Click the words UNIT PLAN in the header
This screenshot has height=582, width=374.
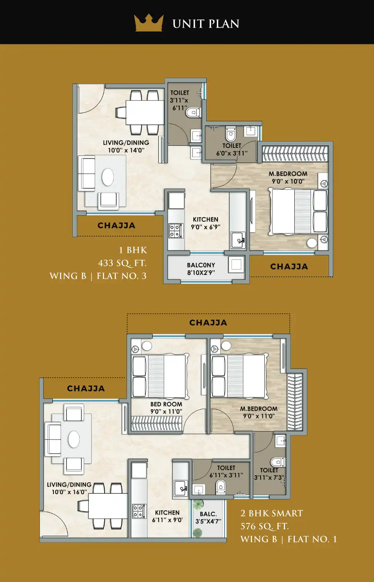click(x=206, y=24)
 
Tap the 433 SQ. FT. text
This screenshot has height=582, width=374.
click(x=122, y=263)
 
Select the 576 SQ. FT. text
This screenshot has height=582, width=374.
click(x=265, y=526)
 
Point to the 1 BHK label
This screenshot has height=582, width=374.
click(x=133, y=250)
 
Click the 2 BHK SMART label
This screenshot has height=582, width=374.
click(x=272, y=513)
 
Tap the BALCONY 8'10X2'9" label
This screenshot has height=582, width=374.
click(x=201, y=269)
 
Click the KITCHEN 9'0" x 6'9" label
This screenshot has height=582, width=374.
click(x=206, y=223)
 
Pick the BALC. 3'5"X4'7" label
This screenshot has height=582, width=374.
click(x=208, y=518)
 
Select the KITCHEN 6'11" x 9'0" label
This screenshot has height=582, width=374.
click(x=167, y=516)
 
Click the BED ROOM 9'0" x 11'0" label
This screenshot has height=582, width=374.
click(x=166, y=408)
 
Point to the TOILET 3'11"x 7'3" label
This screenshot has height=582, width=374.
click(x=269, y=474)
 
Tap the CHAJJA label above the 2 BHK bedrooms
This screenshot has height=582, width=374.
click(x=208, y=323)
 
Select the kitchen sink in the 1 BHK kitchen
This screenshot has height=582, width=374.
click(x=238, y=241)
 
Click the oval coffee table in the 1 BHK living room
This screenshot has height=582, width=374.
click(x=108, y=177)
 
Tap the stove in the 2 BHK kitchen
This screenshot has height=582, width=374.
click(x=139, y=511)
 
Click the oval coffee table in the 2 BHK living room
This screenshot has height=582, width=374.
click(x=74, y=439)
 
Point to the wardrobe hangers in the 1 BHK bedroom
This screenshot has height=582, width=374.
click(x=295, y=154)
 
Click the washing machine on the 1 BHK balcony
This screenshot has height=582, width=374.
click(x=236, y=265)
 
